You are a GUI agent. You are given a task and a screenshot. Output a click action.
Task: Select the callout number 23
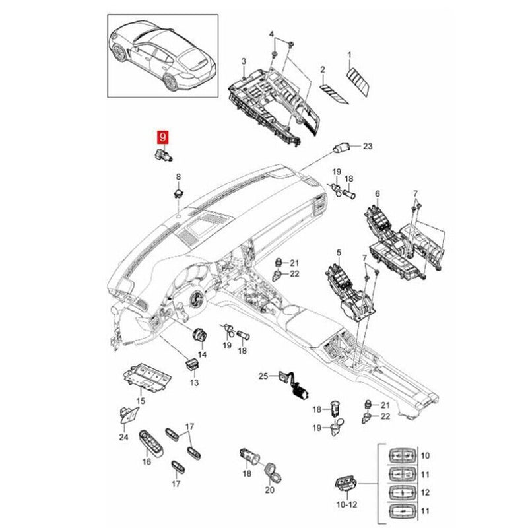(368, 146)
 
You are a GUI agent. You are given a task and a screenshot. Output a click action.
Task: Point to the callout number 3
(243, 61)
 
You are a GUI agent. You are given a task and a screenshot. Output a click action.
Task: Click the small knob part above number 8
(178, 193)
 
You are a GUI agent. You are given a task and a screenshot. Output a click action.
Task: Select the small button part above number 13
(192, 364)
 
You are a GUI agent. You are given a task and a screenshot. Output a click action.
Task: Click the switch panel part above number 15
(148, 377)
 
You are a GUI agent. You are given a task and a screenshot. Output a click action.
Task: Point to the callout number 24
(123, 436)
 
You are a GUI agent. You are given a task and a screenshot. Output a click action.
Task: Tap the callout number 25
(263, 376)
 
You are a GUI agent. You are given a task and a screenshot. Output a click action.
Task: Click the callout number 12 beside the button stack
(424, 492)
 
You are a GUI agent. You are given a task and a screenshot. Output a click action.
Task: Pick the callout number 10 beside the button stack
(424, 455)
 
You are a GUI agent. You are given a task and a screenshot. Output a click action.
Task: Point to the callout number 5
(339, 252)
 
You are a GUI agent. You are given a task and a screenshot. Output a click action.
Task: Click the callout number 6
(377, 193)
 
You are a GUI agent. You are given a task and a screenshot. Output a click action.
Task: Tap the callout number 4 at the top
(271, 33)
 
